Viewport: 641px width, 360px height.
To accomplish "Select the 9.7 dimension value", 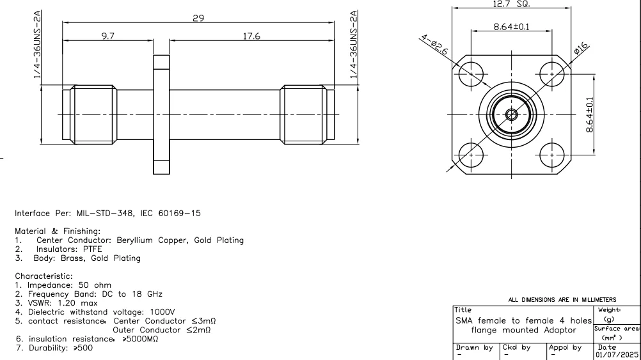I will pos(107,36).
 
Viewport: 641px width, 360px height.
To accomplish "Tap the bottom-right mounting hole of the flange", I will pos(551,154).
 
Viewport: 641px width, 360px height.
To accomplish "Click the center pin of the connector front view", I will pos(511,115).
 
